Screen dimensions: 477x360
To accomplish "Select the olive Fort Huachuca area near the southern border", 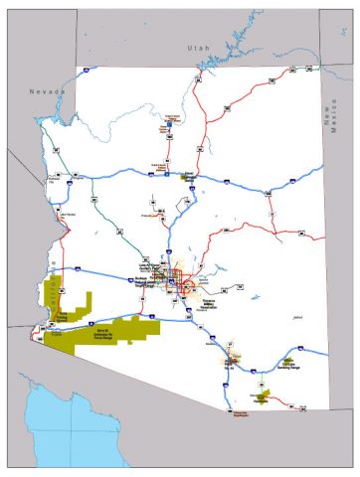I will click(261, 397).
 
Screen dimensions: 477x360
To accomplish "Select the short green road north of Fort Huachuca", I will click(261, 383).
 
